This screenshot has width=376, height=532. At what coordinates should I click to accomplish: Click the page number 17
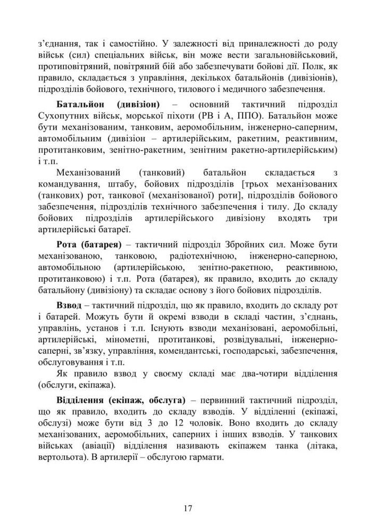tap(188, 507)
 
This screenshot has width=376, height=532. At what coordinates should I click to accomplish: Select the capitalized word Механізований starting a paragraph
tap(88, 173)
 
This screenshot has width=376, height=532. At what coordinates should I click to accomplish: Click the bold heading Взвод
tap(69, 306)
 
